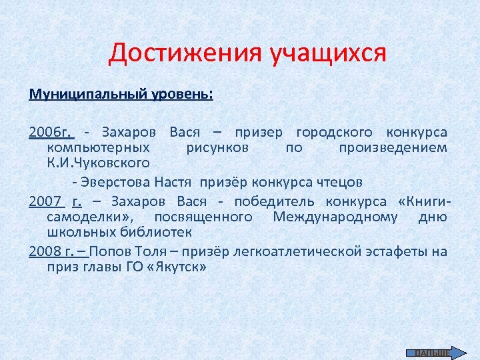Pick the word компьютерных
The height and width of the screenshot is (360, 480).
tap(98, 147)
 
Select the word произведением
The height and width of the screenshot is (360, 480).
tap(393, 147)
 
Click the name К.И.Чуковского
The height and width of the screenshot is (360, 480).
tap(98, 162)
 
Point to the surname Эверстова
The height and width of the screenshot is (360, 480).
tap(117, 181)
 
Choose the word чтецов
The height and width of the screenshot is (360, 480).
tap(341, 181)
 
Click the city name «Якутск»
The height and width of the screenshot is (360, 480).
tap(176, 267)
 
